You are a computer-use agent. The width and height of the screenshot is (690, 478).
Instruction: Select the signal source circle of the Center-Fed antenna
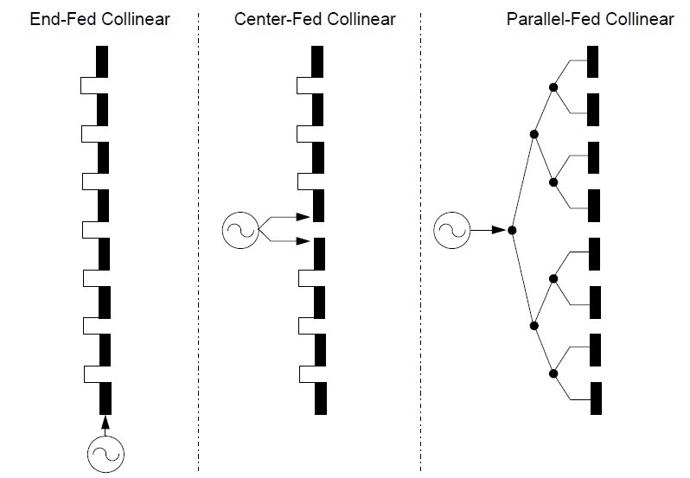239,229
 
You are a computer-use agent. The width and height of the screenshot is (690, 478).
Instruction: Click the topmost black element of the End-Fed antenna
103,61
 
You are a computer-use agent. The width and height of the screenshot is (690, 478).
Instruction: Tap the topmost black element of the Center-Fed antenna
317,61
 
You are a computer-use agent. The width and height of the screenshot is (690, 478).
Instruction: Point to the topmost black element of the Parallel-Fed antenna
594,61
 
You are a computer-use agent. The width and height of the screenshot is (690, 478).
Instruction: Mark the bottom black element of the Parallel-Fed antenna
594,397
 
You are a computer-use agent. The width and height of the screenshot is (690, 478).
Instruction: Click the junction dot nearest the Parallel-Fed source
513,230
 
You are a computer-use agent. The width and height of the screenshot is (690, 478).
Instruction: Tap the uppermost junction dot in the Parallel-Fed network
553,86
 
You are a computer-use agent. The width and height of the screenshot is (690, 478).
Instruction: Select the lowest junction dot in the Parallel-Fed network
553,373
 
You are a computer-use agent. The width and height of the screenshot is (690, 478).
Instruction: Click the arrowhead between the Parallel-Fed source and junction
497,230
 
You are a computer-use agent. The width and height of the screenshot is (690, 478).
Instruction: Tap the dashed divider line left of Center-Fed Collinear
200,242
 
